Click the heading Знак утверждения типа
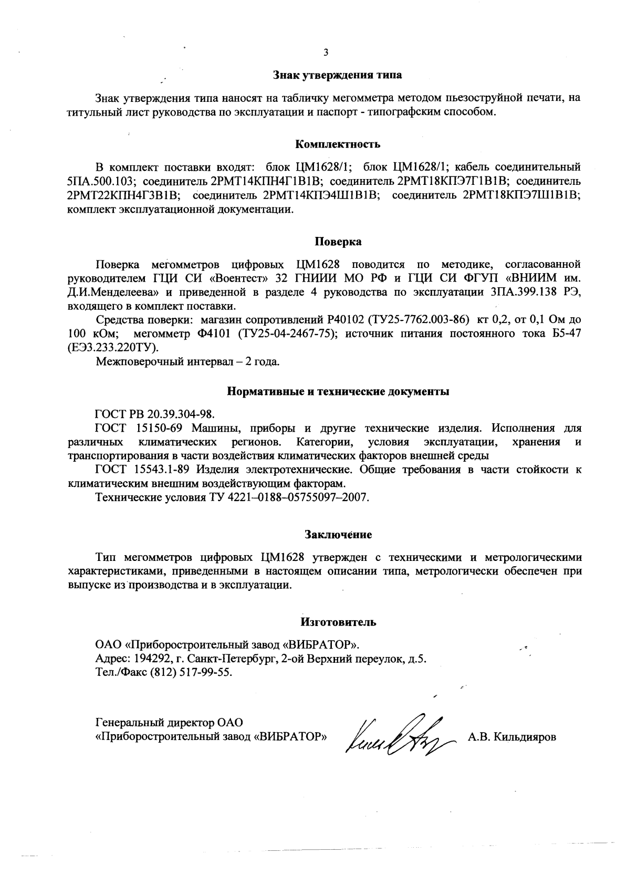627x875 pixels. coord(338,75)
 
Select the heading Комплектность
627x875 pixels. coord(338,144)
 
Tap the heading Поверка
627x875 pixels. coord(338,242)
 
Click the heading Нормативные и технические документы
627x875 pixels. coord(338,391)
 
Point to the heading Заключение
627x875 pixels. coord(338,535)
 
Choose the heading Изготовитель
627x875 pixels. coord(338,622)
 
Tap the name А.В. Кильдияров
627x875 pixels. coord(511,737)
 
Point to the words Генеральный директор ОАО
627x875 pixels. coord(169,723)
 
